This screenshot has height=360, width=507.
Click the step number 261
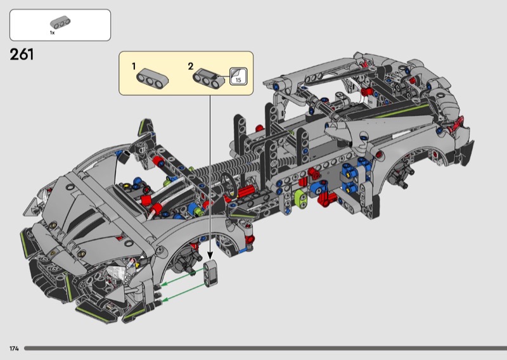click(22, 55)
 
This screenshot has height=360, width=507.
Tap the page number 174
click(14, 349)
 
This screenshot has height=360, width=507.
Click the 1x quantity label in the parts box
click(52, 33)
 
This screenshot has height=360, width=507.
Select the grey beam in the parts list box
click(60, 22)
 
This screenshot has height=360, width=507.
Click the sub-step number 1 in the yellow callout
click(134, 67)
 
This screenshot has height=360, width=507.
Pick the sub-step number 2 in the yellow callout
click(191, 67)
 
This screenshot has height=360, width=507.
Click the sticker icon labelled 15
click(238, 76)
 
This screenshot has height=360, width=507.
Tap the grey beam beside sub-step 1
click(152, 79)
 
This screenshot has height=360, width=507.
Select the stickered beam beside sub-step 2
click(210, 79)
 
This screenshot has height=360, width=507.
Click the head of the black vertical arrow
click(210, 255)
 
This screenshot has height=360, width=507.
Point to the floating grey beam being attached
click(210, 273)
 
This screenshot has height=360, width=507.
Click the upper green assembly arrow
click(183, 278)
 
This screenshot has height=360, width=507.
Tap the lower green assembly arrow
click(184, 292)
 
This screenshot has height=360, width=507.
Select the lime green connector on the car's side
click(300, 199)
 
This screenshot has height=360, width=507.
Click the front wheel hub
click(185, 261)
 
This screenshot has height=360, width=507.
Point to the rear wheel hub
click(401, 175)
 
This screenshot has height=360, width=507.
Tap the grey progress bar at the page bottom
click(266, 349)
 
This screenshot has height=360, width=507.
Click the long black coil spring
click(226, 167)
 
